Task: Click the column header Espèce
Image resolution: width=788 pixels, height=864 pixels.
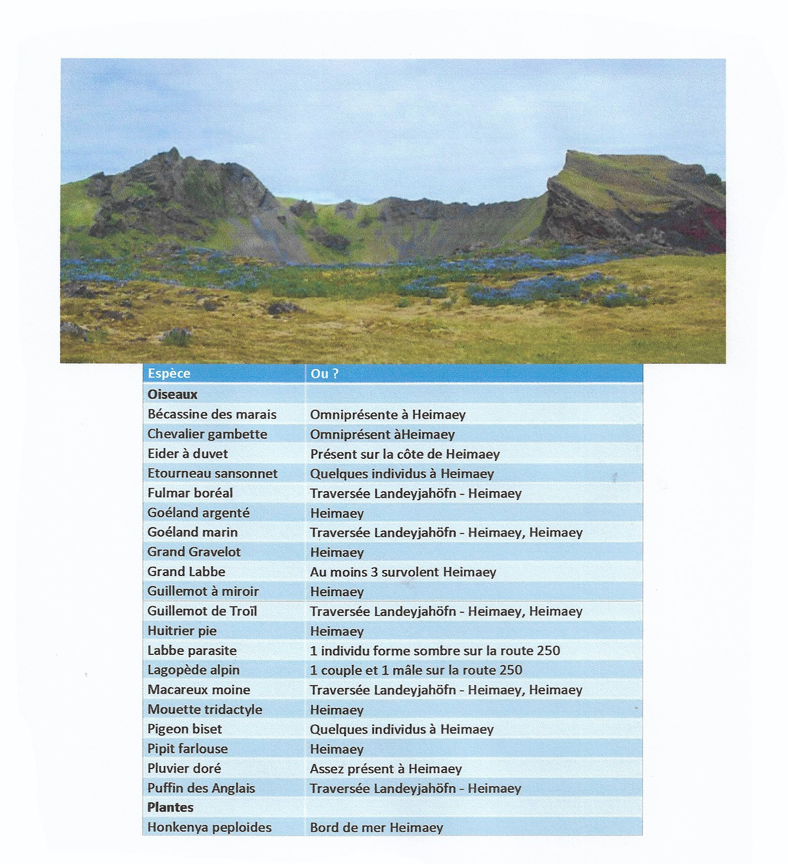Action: click(169, 373)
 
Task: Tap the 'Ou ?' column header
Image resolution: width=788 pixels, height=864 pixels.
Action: click(324, 374)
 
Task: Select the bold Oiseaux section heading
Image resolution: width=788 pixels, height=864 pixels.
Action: click(172, 394)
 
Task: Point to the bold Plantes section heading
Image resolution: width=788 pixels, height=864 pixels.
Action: click(170, 807)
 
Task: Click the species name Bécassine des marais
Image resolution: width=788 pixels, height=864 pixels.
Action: click(212, 414)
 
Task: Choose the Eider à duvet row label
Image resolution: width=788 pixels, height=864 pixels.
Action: click(188, 453)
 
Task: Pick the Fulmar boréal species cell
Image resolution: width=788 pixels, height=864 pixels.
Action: click(190, 493)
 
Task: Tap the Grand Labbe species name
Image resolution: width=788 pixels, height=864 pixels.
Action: click(186, 572)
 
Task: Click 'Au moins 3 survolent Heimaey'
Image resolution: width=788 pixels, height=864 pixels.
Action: click(403, 572)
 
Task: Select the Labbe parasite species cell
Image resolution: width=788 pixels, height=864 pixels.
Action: click(192, 650)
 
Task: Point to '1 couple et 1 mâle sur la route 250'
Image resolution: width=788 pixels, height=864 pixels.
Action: click(416, 670)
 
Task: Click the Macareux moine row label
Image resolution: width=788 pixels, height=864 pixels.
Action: click(199, 690)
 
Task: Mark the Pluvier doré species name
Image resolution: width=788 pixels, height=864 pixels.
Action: click(184, 768)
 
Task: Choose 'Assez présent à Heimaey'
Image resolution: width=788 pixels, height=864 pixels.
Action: click(386, 769)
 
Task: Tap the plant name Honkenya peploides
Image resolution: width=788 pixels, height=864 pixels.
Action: click(209, 827)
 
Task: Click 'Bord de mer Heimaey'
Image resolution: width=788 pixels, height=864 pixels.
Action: click(376, 828)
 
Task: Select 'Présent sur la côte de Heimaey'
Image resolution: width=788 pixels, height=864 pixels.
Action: click(405, 454)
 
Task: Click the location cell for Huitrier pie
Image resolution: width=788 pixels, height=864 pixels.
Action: click(337, 631)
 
